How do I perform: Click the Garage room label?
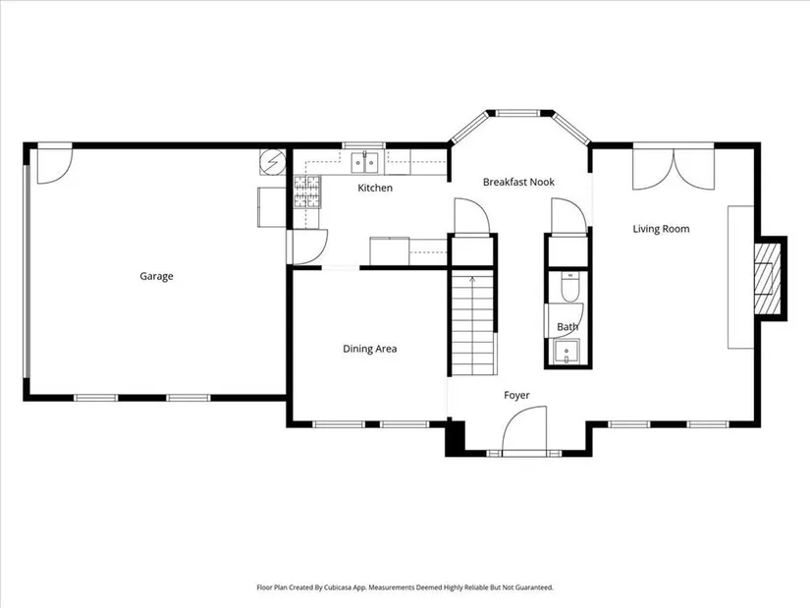pyautogui.click(x=156, y=277)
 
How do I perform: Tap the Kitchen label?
pyautogui.click(x=375, y=188)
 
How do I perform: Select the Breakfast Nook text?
pyautogui.click(x=518, y=182)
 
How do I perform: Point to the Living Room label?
pyautogui.click(x=661, y=229)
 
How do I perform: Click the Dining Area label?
pyautogui.click(x=370, y=349)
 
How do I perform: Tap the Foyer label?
pyautogui.click(x=516, y=396)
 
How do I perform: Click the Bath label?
pyautogui.click(x=567, y=327)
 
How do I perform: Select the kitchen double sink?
pyautogui.click(x=365, y=162)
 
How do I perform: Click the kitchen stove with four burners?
pyautogui.click(x=307, y=192)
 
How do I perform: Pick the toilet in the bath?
pyautogui.click(x=570, y=288)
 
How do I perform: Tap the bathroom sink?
pyautogui.click(x=567, y=352)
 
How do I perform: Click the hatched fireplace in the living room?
pyautogui.click(x=767, y=279)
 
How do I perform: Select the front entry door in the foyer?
pyautogui.click(x=524, y=430)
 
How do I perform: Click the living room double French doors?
pyautogui.click(x=674, y=169)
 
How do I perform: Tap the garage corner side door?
pyautogui.click(x=55, y=165)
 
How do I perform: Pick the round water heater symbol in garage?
pyautogui.click(x=272, y=162)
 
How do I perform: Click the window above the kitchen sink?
pyautogui.click(x=364, y=145)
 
